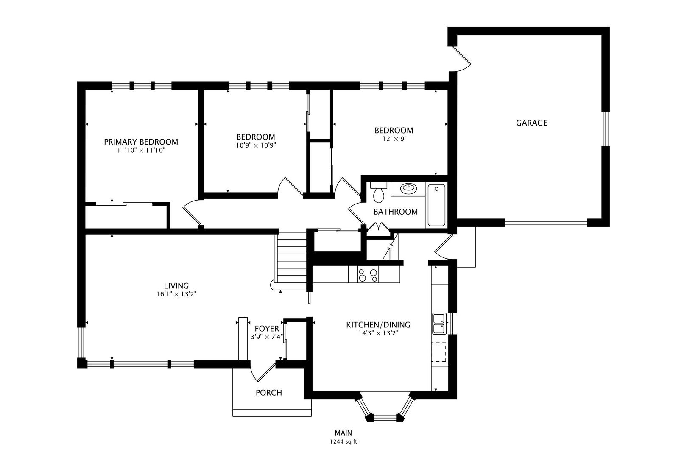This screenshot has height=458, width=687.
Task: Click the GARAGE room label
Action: coord(531,123)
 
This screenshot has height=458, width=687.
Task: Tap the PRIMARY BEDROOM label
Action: coord(141,142)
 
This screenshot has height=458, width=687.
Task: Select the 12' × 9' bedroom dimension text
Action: coord(394,139)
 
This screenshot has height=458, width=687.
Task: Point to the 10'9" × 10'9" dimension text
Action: coord(256,145)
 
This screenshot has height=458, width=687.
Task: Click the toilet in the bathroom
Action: coord(379,193)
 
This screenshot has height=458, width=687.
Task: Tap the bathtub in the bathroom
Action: coord(436,205)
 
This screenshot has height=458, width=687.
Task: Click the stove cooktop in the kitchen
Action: coord(368,274)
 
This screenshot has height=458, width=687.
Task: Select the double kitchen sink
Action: coord(439,323)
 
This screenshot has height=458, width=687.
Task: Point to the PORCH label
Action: coord(269,393)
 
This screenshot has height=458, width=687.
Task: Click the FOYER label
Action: coord(267,329)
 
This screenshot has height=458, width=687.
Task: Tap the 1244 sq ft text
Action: coord(343,442)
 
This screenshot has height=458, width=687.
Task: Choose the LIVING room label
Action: coord(176,286)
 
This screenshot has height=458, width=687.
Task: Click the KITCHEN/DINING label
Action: coord(378,325)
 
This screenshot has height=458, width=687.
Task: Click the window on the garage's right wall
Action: coord(606,128)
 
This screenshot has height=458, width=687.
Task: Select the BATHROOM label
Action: coord(396,212)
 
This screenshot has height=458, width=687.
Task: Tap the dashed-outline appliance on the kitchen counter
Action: coord(439,352)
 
